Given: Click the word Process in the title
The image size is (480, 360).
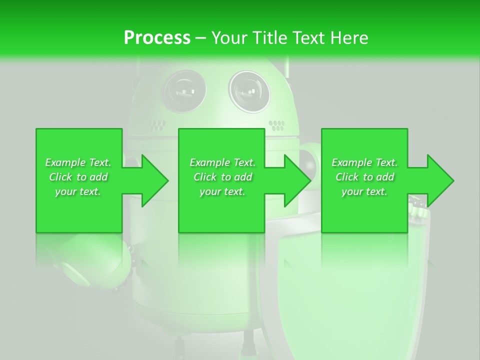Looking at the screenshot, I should (x=157, y=37).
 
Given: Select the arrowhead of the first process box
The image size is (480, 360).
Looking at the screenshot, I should (x=155, y=180).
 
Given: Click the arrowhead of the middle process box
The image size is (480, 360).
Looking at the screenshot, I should (x=298, y=180).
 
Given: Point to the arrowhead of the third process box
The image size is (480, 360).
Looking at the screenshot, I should (x=440, y=180).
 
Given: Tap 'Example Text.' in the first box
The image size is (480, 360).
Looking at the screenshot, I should (x=78, y=162).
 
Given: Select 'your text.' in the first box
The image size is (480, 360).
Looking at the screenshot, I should (x=78, y=191).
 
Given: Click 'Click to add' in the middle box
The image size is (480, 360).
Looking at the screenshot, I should (x=222, y=177).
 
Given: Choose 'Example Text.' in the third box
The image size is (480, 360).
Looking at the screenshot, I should (x=364, y=162).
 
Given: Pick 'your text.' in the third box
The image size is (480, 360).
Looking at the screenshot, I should (x=364, y=191).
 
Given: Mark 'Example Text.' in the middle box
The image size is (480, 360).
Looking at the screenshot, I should (x=222, y=162).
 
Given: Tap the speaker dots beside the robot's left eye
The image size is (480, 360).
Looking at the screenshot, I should (x=157, y=124).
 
